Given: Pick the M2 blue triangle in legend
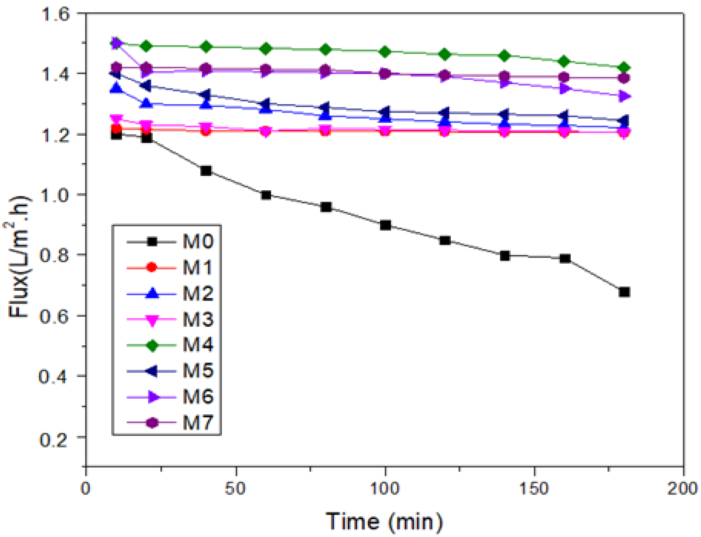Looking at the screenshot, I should click(152, 293).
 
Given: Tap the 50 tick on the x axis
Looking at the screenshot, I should click(235, 489).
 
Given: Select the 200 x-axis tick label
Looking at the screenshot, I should click(683, 489).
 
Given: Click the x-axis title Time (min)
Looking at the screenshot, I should click(384, 521).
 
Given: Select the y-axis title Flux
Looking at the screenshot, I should click(19, 256).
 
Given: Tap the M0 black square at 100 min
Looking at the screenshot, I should click(385, 225).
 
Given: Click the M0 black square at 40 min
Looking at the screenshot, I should click(206, 171).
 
